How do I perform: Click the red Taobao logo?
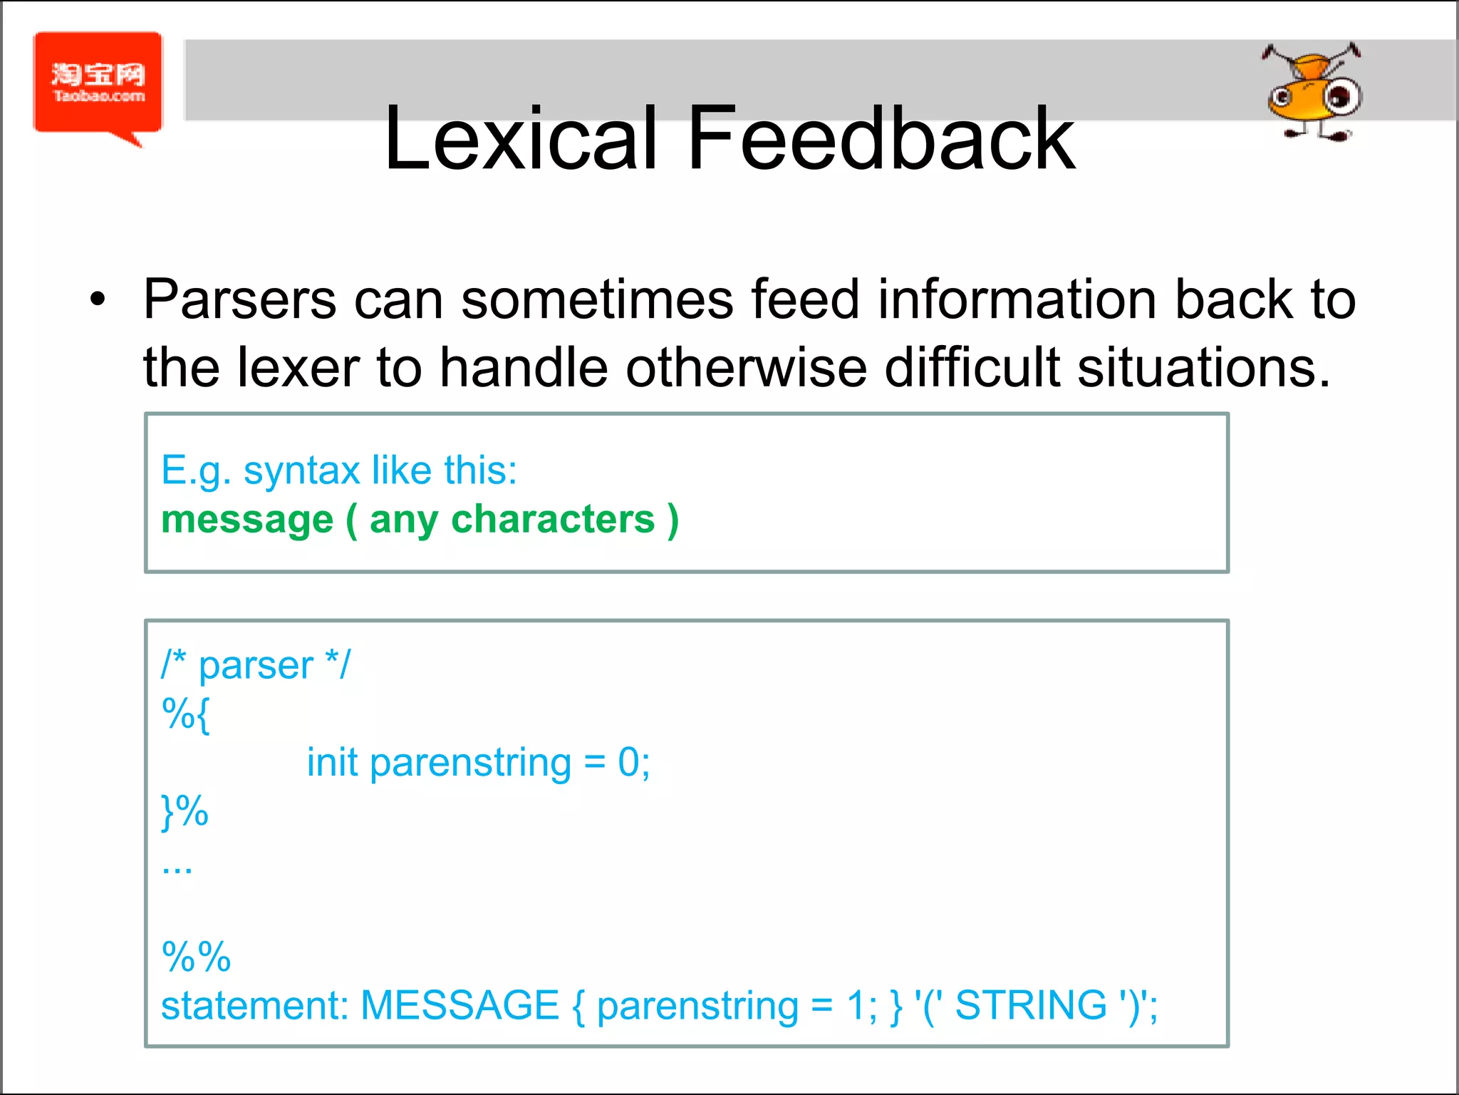pos(98,83)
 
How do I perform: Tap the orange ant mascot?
pos(1313,93)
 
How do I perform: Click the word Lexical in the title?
pos(520,138)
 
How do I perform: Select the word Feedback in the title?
pos(881,138)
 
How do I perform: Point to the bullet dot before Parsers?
pos(98,300)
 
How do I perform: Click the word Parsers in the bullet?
pos(239,300)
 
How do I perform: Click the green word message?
pos(247,520)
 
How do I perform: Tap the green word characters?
pos(553,519)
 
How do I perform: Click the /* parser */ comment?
pos(256,665)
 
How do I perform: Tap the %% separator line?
pos(196,957)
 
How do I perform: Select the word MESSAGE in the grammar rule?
pos(459,1005)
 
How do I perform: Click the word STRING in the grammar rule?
pos(1031,1005)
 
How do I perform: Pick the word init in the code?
pos(332,763)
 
